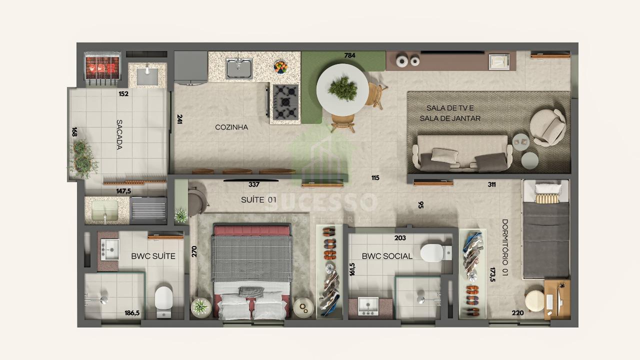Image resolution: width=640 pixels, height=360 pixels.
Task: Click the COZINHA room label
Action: point(231,127)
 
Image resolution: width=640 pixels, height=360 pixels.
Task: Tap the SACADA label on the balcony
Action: point(119,134)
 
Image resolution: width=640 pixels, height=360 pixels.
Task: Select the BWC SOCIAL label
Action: point(387,256)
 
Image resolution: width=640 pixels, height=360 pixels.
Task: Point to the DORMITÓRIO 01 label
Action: point(505,247)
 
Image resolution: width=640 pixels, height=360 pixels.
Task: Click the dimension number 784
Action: point(349,55)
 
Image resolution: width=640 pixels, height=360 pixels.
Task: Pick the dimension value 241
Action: point(179,119)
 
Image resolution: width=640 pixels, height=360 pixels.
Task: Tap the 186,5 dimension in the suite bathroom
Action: point(132,313)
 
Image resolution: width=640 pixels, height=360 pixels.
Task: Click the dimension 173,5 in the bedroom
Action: point(492,274)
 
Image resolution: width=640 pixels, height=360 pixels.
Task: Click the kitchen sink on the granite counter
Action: point(239,68)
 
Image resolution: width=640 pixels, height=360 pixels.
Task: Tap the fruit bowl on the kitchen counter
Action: point(280,67)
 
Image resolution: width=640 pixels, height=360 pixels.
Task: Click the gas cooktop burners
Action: point(285,102)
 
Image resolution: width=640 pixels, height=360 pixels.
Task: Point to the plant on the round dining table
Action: point(342,88)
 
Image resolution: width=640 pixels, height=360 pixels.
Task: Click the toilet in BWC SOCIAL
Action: point(435,253)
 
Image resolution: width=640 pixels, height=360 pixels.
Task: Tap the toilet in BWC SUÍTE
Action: point(163,301)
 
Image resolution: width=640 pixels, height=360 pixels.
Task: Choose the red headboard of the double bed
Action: point(251,230)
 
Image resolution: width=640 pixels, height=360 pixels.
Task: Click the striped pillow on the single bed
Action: point(547,198)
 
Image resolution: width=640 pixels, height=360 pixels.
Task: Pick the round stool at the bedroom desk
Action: point(534,301)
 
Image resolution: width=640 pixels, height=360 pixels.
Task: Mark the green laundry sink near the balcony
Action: point(105,210)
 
